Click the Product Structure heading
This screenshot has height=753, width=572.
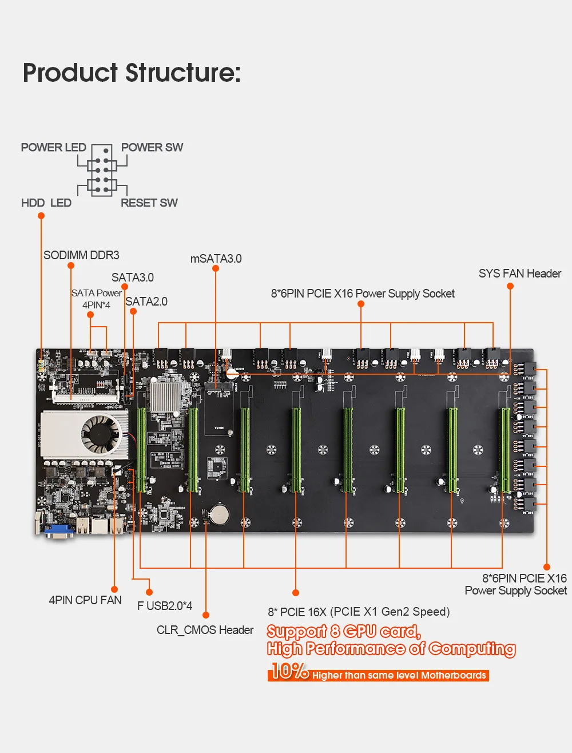pos(132,73)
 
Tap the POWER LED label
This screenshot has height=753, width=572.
pos(53,148)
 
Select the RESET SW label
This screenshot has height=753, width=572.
pos(149,203)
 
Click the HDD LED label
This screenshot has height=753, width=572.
pos(46,203)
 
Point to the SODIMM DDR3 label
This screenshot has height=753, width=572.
pos(81,255)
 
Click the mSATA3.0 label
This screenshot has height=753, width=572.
pos(216,259)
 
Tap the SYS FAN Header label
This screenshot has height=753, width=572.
pos(519,274)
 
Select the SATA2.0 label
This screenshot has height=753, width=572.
pos(146,302)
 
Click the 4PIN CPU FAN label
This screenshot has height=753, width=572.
pos(85,600)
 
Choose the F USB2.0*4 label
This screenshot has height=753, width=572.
pos(165,605)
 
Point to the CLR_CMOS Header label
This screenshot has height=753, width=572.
pos(205,630)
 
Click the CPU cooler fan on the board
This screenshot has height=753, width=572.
pos(100,432)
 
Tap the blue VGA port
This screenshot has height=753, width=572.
pos(58,531)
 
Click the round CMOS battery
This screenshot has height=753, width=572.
pos(219,514)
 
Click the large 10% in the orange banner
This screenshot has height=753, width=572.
pos(289,671)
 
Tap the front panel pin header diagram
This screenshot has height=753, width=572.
pos(102,171)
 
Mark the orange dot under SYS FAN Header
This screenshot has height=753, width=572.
pos(510,286)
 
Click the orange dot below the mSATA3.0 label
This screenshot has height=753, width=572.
pos(216,269)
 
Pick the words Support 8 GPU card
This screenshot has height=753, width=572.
pos(344,632)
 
